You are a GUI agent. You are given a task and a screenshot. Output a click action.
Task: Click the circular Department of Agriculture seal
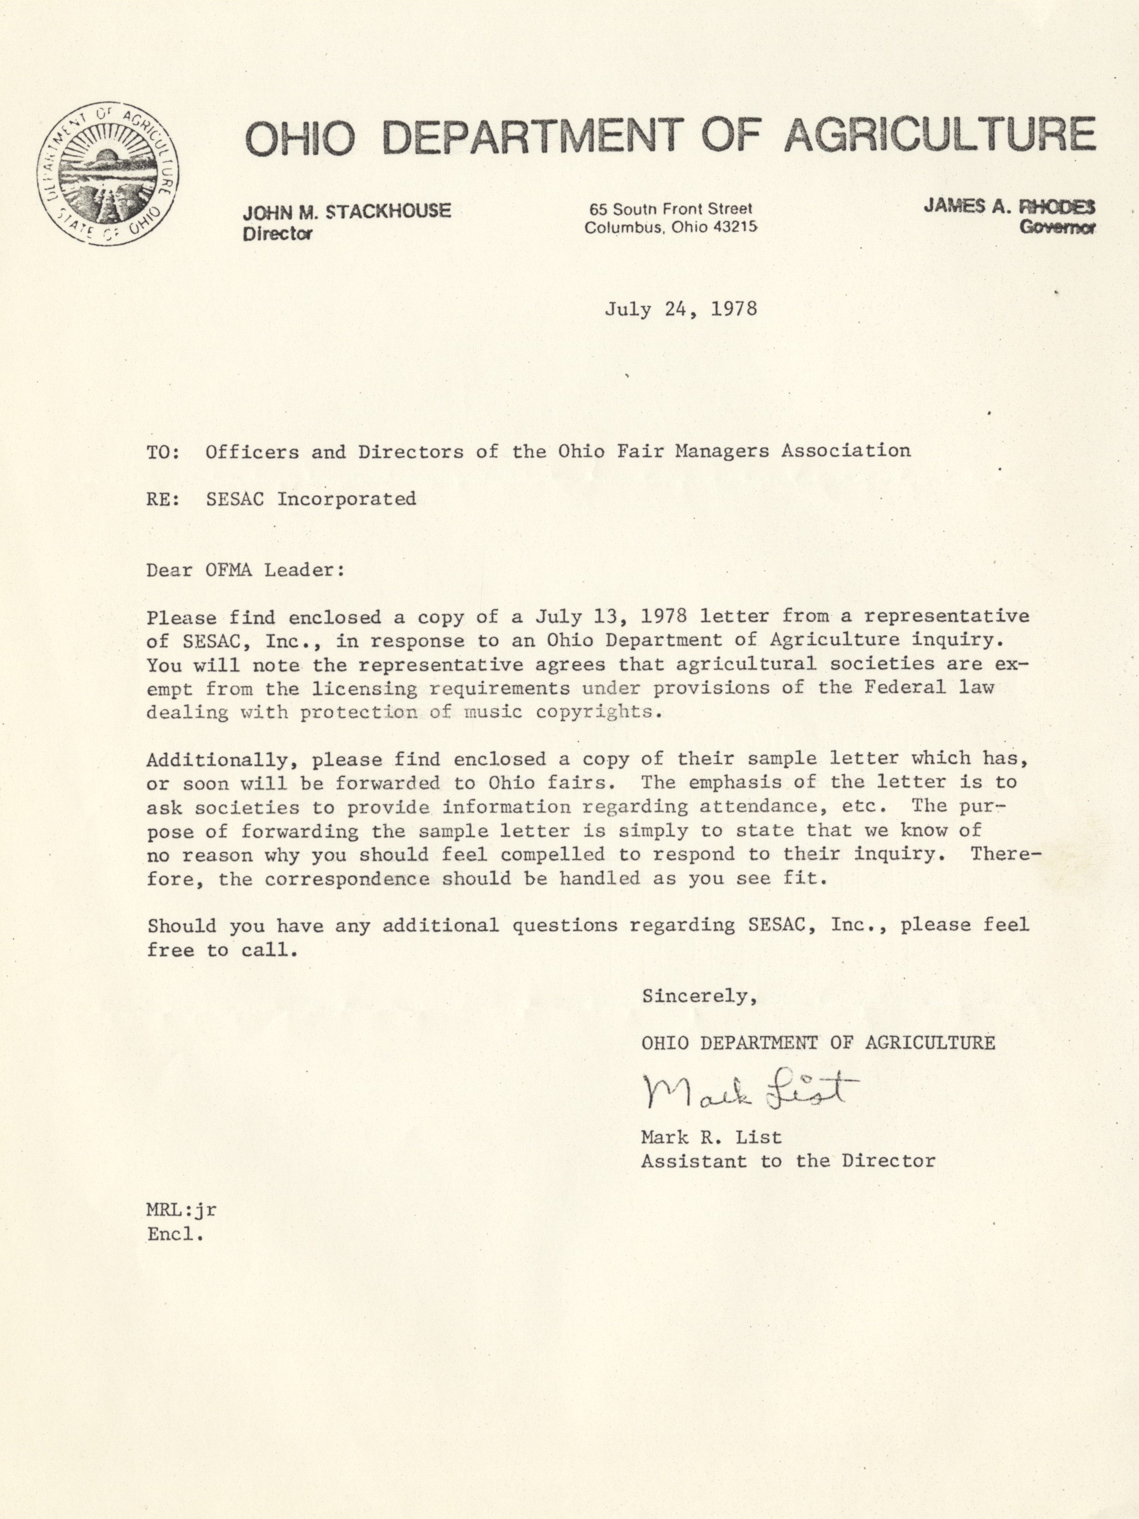[x=109, y=174]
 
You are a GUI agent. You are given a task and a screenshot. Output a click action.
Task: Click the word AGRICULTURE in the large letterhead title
[x=939, y=135]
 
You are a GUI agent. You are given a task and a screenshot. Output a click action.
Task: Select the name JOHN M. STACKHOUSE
[x=347, y=211]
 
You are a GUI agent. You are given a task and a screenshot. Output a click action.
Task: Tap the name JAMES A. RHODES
[x=1009, y=206]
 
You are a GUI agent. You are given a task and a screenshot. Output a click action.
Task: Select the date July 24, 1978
[x=680, y=309]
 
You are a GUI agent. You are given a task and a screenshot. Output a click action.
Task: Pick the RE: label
[x=163, y=499]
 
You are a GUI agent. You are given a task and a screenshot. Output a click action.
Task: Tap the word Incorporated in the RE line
[x=347, y=499]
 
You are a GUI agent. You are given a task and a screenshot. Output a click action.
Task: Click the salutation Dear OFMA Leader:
[x=245, y=570]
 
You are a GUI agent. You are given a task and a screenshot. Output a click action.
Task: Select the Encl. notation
[x=176, y=1234]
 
